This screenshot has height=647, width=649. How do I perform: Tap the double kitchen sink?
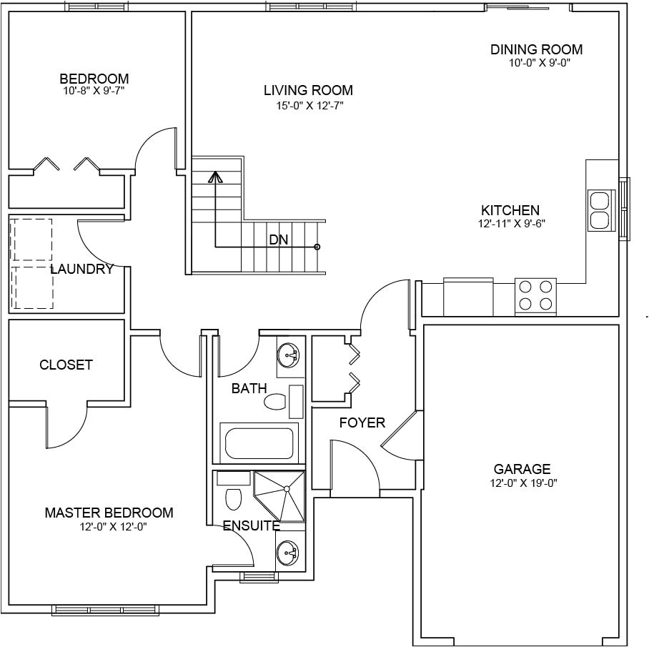(x=600, y=210)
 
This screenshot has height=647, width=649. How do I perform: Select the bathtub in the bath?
(x=259, y=443)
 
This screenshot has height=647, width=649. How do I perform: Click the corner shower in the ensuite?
(x=279, y=496)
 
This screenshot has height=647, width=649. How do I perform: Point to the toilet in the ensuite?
(x=234, y=499)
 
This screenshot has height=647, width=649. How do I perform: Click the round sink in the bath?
(x=289, y=355)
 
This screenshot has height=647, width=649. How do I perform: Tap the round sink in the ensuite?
(x=288, y=552)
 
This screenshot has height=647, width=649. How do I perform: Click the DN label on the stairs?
(x=279, y=239)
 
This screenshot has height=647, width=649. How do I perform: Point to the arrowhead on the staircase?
(x=215, y=177)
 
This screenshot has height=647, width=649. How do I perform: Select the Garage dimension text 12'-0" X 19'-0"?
(x=524, y=483)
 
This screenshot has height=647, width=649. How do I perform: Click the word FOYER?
(x=362, y=423)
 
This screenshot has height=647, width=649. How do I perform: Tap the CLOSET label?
(x=66, y=365)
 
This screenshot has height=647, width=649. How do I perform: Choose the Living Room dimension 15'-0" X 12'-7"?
(x=310, y=106)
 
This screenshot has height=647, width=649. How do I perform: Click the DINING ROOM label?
(x=536, y=49)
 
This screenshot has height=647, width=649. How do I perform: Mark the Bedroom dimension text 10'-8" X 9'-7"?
(x=94, y=91)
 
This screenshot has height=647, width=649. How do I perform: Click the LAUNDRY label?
(x=81, y=270)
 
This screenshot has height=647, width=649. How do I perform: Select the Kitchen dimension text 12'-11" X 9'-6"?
(x=512, y=224)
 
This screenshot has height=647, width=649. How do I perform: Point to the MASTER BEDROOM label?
(x=109, y=513)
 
